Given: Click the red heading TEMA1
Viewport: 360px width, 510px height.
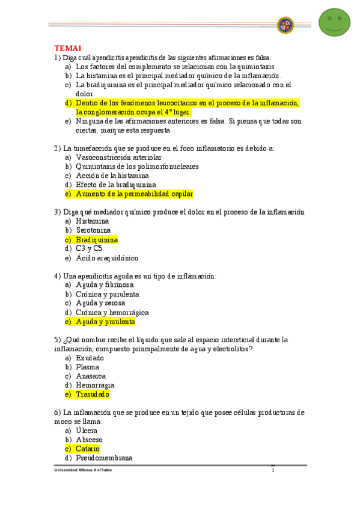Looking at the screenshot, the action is pyautogui.click(x=68, y=48).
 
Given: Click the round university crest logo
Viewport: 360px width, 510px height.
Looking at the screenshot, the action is pyautogui.click(x=285, y=25).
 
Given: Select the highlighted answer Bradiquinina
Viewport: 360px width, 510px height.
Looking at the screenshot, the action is pyautogui.click(x=97, y=239).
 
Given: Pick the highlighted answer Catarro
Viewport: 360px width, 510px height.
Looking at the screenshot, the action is pyautogui.click(x=88, y=449).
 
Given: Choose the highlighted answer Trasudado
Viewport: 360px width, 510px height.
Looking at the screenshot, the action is pyautogui.click(x=93, y=395).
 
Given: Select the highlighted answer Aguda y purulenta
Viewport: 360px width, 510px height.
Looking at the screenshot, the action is pyautogui.click(x=105, y=322).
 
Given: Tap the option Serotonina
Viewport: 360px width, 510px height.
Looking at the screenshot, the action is pyautogui.click(x=93, y=230).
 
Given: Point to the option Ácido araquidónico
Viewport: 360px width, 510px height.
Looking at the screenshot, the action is pyautogui.click(x=107, y=258).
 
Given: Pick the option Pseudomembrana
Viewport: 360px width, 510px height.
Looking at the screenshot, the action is pyautogui.click(x=104, y=458).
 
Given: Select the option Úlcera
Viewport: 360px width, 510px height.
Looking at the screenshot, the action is pyautogui.click(x=87, y=431).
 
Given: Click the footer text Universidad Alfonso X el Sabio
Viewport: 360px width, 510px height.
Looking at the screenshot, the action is pyautogui.click(x=83, y=470).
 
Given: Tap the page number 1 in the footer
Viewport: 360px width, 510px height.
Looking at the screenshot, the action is pyautogui.click(x=272, y=470).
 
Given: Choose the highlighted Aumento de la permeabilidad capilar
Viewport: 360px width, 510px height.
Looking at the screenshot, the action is pyautogui.click(x=135, y=194).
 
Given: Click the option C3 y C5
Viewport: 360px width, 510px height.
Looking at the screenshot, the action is pyautogui.click(x=89, y=248).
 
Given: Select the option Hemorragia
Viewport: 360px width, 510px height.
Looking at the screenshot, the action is pyautogui.click(x=95, y=386).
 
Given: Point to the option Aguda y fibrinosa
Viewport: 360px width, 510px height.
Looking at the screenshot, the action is pyautogui.click(x=105, y=285).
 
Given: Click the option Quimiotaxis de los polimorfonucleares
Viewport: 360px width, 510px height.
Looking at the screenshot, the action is pyautogui.click(x=137, y=167).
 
